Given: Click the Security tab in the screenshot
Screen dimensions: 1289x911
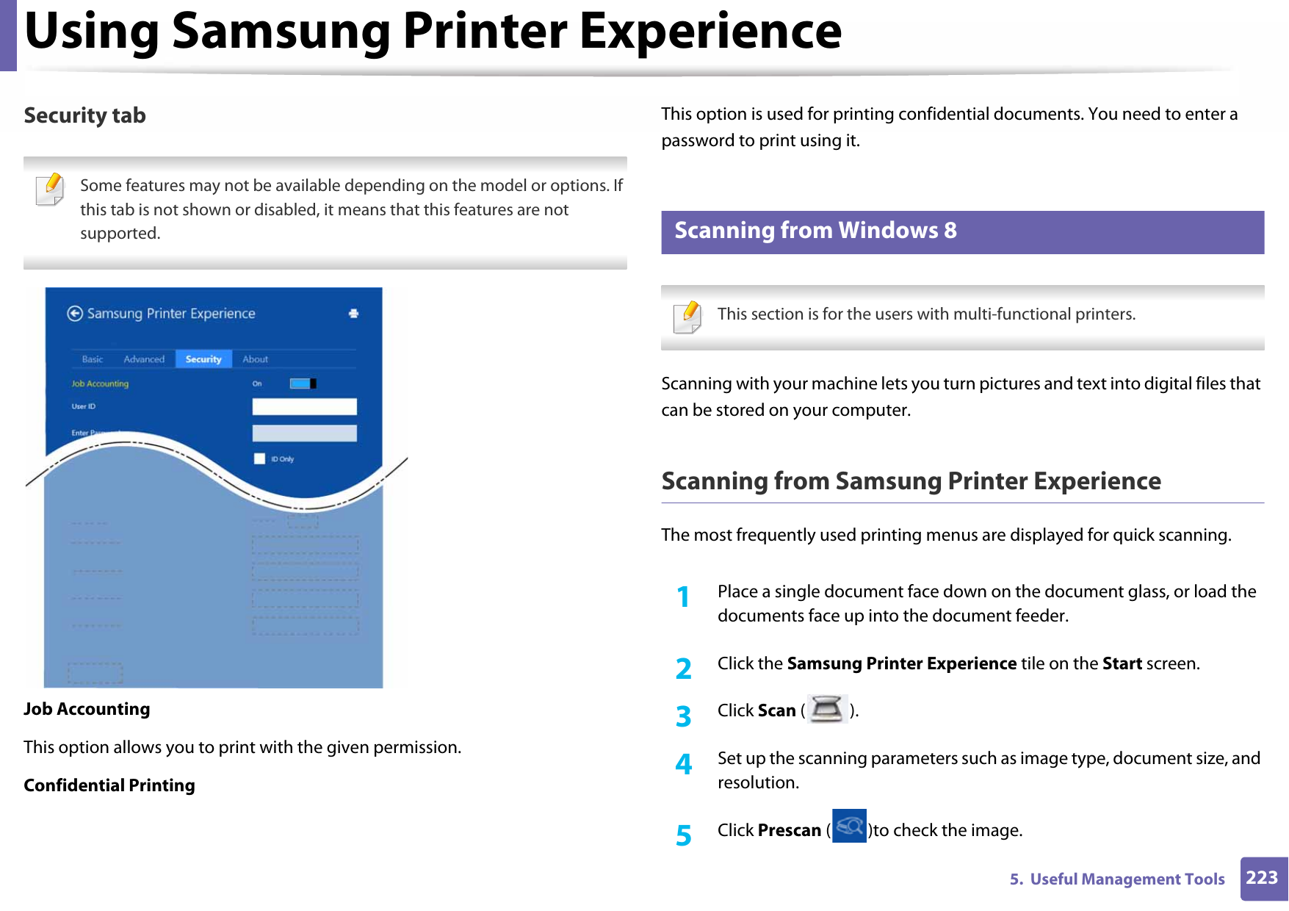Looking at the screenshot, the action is click(x=203, y=359).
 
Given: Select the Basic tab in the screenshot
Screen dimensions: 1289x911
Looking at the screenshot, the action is click(x=93, y=359).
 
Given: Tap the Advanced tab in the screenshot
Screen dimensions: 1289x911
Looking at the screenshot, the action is click(x=144, y=359).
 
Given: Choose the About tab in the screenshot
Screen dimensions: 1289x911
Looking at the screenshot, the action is click(x=255, y=359).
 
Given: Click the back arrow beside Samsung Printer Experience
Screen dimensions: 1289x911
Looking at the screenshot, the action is click(x=75, y=314).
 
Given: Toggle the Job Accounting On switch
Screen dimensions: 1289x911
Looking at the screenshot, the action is click(x=303, y=384).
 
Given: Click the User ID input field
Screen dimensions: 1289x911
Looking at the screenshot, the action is click(x=304, y=407).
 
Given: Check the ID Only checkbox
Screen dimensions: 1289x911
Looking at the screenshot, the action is click(x=259, y=459).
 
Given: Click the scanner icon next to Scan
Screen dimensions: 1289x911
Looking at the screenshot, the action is click(x=827, y=709).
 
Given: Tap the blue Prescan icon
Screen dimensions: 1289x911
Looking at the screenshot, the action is click(x=849, y=826).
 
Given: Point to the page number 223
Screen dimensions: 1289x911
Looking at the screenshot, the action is click(x=1262, y=878).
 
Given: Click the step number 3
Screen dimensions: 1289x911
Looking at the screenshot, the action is click(x=684, y=716).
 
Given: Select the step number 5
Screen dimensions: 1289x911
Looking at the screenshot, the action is click(x=684, y=835).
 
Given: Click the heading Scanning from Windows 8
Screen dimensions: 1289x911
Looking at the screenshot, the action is click(x=815, y=231).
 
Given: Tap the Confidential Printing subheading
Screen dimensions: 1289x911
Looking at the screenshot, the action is click(x=109, y=785).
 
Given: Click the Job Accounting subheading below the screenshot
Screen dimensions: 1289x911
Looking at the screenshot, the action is click(x=87, y=709).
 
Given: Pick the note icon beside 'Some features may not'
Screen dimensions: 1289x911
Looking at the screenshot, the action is click(x=50, y=189).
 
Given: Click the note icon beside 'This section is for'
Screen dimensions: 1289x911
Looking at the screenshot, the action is click(x=687, y=317).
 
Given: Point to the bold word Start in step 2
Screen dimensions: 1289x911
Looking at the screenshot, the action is click(x=1122, y=663).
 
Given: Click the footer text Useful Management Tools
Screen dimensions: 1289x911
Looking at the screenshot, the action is click(x=1127, y=879).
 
